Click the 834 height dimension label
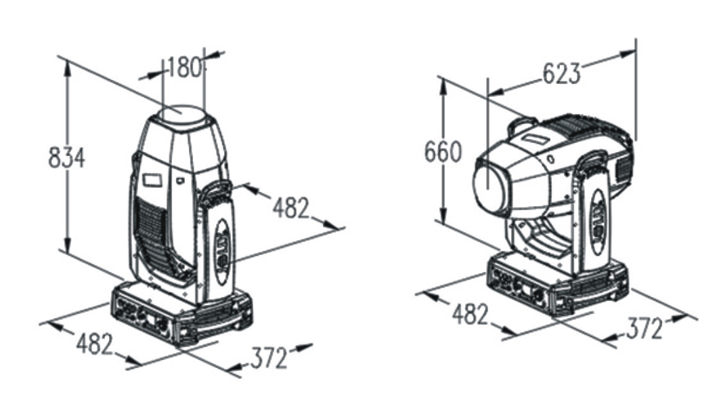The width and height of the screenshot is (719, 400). coord(67,157)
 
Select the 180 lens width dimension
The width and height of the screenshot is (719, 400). coord(184,68)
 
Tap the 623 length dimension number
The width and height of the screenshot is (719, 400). coord(562,73)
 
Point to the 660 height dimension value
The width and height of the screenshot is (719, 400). coord(443,152)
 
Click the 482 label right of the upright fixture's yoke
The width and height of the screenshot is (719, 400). coord(292,207)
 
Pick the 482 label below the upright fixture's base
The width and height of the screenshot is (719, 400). coord(95,344)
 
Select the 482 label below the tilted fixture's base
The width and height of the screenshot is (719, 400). coord(471,315)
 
